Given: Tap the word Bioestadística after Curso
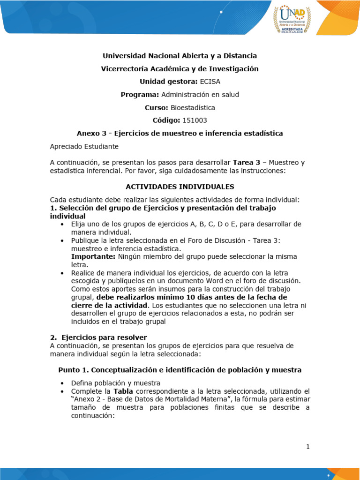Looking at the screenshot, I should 193,107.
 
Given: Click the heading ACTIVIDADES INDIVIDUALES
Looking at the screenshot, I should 180,187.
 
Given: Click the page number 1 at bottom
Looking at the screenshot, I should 308,447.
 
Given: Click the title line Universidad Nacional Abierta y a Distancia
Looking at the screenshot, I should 180,56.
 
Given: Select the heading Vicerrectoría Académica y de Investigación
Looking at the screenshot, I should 180,69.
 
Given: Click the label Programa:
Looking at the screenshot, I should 140,95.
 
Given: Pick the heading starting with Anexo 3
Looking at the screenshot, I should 180,133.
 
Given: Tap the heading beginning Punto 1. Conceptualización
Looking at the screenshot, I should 180,370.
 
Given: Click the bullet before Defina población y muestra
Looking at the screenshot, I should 62,382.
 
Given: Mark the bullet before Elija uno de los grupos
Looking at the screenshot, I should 62,224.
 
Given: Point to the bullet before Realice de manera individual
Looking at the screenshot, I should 62,273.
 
